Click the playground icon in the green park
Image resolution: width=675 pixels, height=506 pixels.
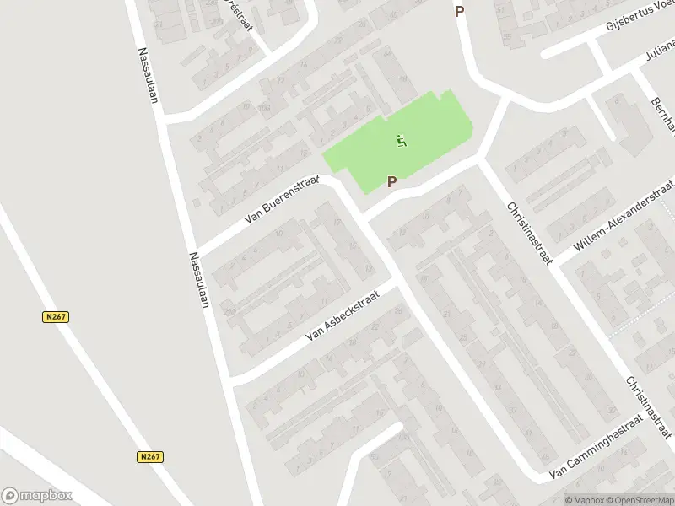point(402,141)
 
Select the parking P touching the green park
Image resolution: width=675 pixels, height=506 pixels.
point(391,181)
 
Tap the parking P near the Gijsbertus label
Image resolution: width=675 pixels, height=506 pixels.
point(460,12)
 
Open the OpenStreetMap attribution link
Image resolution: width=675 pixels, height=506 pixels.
point(640,499)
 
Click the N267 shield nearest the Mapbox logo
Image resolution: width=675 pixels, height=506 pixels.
point(150,456)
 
